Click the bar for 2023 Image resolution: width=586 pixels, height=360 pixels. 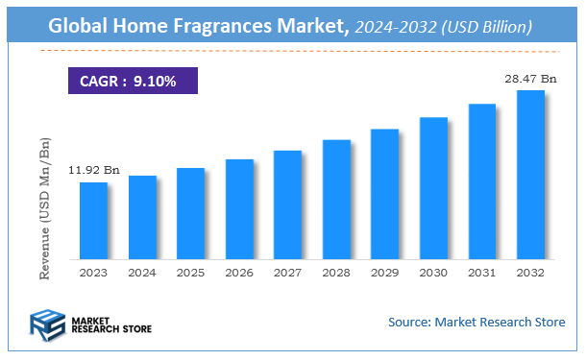tap(93, 221)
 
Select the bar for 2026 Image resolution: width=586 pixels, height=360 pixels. tap(239, 209)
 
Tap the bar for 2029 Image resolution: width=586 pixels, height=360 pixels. tap(384, 194)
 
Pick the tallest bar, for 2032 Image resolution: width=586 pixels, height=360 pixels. tap(530, 175)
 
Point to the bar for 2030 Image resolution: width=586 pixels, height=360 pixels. tap(433, 188)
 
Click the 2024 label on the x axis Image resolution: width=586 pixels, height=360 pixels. tap(142, 273)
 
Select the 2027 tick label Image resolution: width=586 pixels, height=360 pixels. tap(287, 273)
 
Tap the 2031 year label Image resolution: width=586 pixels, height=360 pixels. tap(481, 273)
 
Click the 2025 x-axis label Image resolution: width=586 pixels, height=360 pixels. tap(190, 273)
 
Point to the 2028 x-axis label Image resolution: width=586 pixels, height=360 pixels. tap(336, 273)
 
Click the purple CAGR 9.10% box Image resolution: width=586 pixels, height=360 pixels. tap(133, 82)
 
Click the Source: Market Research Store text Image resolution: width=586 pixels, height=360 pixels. tap(476, 322)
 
